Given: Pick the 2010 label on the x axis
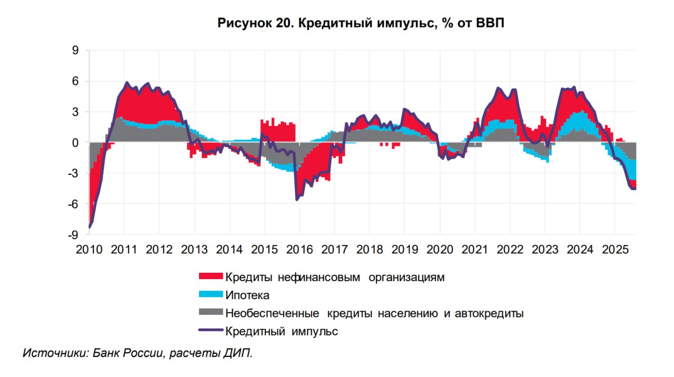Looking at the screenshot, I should pyautogui.click(x=89, y=249).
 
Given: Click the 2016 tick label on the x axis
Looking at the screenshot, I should pyautogui.click(x=299, y=249).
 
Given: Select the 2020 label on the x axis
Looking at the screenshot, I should pyautogui.click(x=439, y=249).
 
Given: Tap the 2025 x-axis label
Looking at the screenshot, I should pyautogui.click(x=614, y=249).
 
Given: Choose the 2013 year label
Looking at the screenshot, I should pyautogui.click(x=194, y=249).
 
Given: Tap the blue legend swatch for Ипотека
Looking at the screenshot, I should pyautogui.click(x=211, y=295).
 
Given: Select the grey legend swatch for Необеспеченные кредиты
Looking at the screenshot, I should pyautogui.click(x=211, y=313).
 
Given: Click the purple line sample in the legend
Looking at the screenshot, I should pyautogui.click(x=211, y=331).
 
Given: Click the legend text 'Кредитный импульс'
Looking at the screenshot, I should pyautogui.click(x=281, y=332).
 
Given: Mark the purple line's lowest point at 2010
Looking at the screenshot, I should pyautogui.click(x=90, y=227).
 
